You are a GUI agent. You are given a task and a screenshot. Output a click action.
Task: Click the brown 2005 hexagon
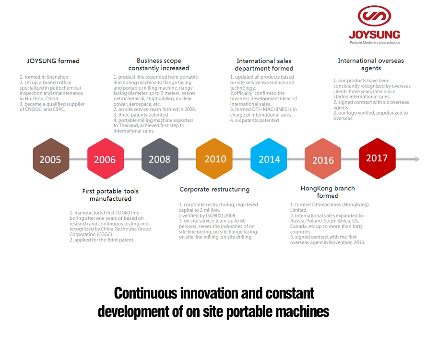point(51,158)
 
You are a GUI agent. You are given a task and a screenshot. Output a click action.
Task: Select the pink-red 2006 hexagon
point(106,158)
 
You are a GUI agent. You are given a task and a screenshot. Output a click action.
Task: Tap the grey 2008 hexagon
point(160,158)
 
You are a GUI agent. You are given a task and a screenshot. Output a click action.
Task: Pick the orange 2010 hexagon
point(214,158)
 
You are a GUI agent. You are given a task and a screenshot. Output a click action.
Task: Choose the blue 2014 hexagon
point(269,158)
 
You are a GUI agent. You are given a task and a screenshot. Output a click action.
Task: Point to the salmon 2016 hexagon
point(323,158)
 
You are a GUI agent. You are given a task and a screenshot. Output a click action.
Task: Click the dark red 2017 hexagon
point(378,158)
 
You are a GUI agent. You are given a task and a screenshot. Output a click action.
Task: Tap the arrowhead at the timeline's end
point(417,159)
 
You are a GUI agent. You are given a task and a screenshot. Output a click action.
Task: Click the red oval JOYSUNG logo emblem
point(374,16)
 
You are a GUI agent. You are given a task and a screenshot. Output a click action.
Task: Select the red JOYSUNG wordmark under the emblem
point(375,35)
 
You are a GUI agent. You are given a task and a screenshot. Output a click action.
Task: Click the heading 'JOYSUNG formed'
point(53,61)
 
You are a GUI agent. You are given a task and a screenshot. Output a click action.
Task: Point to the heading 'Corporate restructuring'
point(214,189)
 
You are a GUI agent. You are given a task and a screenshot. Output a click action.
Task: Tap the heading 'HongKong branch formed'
point(328,192)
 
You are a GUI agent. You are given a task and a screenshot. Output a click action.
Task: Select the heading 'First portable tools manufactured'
point(110,195)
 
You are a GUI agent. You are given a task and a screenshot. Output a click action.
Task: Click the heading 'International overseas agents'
point(371,64)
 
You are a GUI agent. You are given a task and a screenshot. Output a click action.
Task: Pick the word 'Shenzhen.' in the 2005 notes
point(58,77)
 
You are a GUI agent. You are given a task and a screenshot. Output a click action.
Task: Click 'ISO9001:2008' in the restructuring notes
point(220,216)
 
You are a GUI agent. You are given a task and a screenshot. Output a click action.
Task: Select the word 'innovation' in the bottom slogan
point(210,293)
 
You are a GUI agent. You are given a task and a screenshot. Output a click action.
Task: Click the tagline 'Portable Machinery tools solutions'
point(375,43)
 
